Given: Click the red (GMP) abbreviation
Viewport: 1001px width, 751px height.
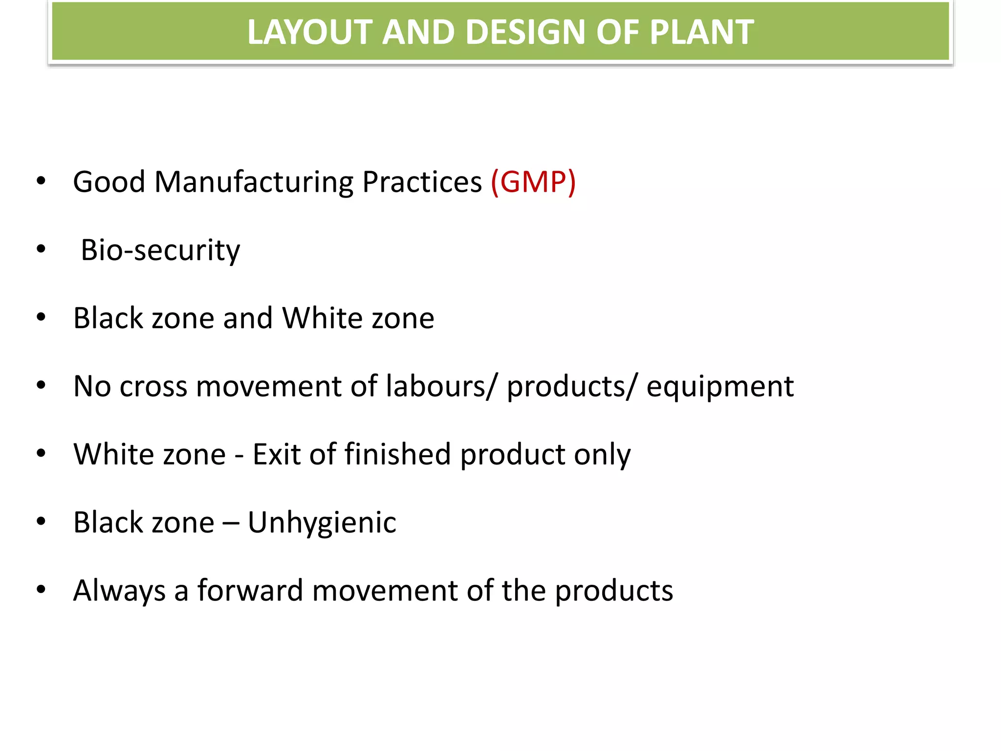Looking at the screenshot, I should tap(533, 182).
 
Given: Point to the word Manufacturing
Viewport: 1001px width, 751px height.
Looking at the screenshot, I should tap(254, 182).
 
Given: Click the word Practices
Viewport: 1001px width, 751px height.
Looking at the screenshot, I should tap(422, 182).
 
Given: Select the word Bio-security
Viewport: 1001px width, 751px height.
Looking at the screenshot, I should tap(160, 250).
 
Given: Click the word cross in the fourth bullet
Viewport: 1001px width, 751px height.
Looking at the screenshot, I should tap(153, 386).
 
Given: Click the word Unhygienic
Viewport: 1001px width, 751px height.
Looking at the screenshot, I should tap(322, 523).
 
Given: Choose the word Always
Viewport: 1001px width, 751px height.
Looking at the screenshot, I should tap(119, 591).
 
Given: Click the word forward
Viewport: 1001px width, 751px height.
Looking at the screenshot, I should tap(250, 590).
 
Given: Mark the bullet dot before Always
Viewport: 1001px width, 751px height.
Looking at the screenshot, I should tap(41, 590).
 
